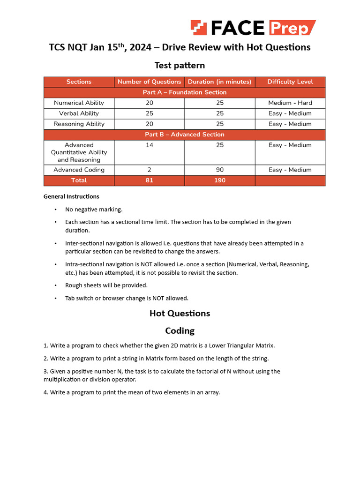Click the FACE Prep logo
tap(253, 28)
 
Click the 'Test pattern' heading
tap(180, 65)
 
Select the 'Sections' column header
tap(79, 82)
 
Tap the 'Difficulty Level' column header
tap(290, 82)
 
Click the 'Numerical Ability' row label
tap(79, 103)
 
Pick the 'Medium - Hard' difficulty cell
tap(290, 103)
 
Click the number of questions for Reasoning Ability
tap(150, 124)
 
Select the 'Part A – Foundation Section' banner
tap(184, 92)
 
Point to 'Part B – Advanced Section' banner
tap(184, 135)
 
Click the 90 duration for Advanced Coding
tap(220, 170)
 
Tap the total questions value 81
tap(150, 180)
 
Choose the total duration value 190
tap(220, 180)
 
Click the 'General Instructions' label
tap(71, 196)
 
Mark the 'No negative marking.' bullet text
tap(94, 210)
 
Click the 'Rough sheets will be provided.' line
tap(106, 285)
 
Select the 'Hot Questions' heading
tap(180, 313)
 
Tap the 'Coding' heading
tap(180, 330)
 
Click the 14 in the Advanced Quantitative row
tap(150, 145)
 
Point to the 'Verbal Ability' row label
tap(79, 113)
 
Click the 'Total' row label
tap(79, 180)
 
